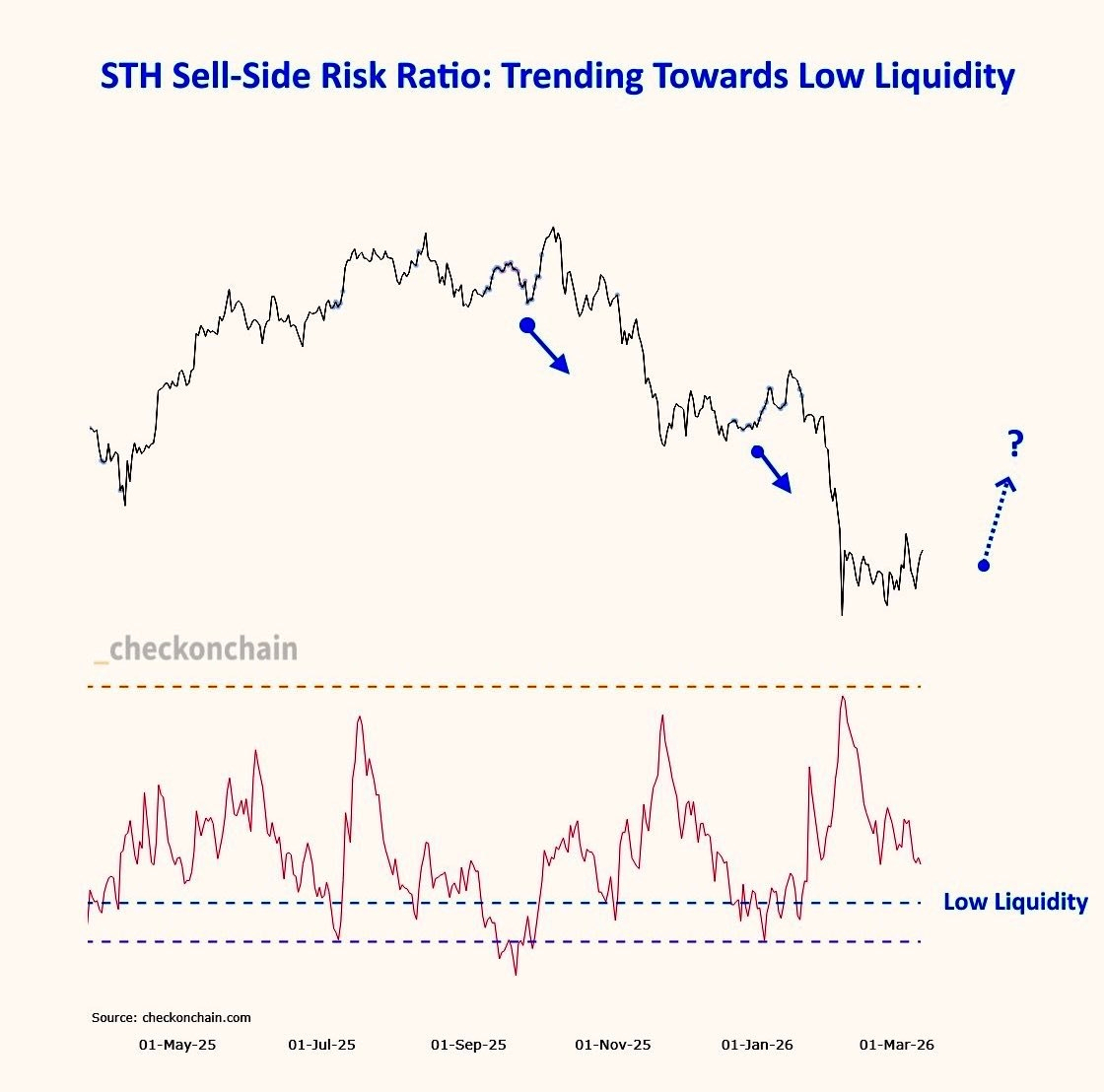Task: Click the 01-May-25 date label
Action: coord(177,1045)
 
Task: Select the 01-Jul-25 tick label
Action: coord(321,1045)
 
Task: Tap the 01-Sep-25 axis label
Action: coord(468,1045)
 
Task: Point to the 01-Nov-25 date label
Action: coord(613,1045)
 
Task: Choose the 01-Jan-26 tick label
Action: coord(757,1045)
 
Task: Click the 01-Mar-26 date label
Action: coord(897,1045)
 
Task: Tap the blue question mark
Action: coord(1016,444)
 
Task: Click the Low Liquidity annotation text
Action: coord(1015,902)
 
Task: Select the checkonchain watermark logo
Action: coord(196,648)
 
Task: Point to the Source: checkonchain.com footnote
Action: coord(172,1017)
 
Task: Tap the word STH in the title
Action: coord(133,77)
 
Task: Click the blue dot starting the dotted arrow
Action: coord(983,565)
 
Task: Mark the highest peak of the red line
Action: coord(842,697)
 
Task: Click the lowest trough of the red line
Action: coord(516,975)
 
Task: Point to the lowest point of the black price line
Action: coord(842,615)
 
